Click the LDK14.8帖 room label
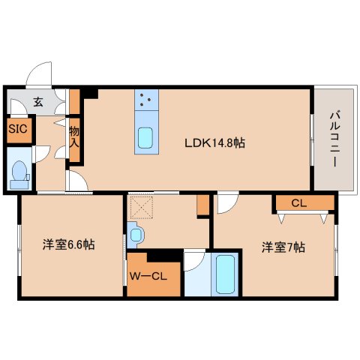[214, 142]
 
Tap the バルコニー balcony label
[334, 139]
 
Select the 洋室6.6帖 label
[68, 244]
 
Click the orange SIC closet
[18, 128]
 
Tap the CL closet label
[298, 202]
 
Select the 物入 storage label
[74, 141]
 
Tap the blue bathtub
[225, 275]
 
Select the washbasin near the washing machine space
[136, 235]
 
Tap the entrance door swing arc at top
[39, 76]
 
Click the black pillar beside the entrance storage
[91, 94]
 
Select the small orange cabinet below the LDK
[202, 205]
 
